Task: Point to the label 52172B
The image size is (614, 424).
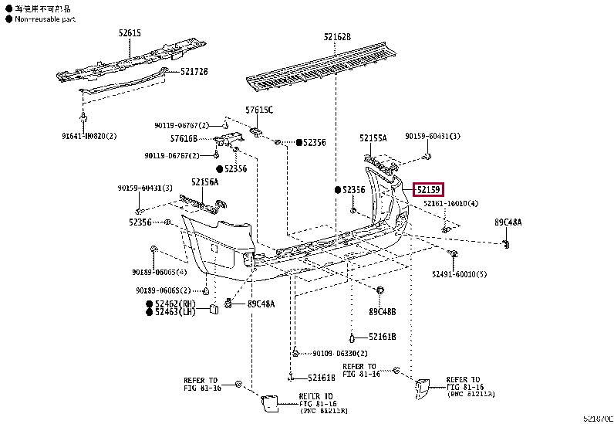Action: [194, 71]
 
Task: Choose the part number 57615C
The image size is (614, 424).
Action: [259, 110]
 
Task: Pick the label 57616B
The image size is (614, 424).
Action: [184, 139]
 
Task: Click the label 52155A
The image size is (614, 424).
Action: [373, 138]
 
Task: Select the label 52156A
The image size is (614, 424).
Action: [205, 181]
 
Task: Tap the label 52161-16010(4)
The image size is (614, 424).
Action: [450, 204]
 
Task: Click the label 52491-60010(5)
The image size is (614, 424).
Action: [459, 274]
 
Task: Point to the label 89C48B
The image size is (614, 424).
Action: [382, 312]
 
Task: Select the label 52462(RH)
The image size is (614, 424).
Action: [174, 304]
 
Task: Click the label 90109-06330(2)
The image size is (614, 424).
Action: [340, 354]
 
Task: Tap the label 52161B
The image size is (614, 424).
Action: [382, 337]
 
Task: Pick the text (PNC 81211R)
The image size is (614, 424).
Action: [323, 411]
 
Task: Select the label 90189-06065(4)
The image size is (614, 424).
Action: [159, 272]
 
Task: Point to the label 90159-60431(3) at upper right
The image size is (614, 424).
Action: [432, 136]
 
